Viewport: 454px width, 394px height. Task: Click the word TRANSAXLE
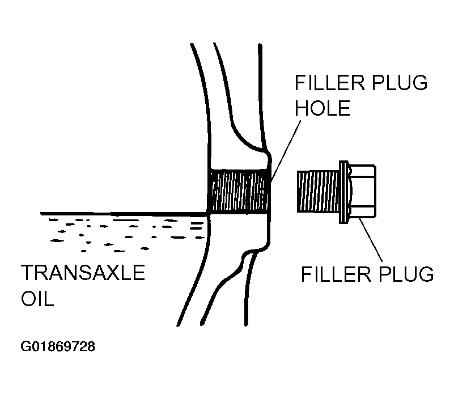click(83, 273)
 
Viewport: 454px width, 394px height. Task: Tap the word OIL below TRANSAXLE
click(37, 299)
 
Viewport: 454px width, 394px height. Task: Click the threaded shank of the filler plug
click(317, 191)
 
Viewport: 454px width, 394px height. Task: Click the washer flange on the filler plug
click(342, 191)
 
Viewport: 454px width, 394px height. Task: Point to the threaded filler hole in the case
click(238, 192)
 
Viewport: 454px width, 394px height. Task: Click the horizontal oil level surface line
click(125, 214)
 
